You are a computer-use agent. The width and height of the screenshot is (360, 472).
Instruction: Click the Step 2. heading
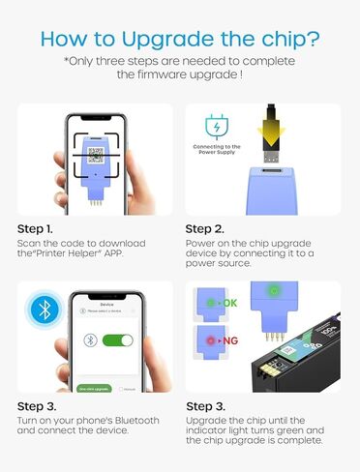coord(211,229)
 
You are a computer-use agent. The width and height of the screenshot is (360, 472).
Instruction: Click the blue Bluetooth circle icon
coord(42,310)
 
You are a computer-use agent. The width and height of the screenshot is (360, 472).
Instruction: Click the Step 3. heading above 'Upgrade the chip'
coord(211,405)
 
